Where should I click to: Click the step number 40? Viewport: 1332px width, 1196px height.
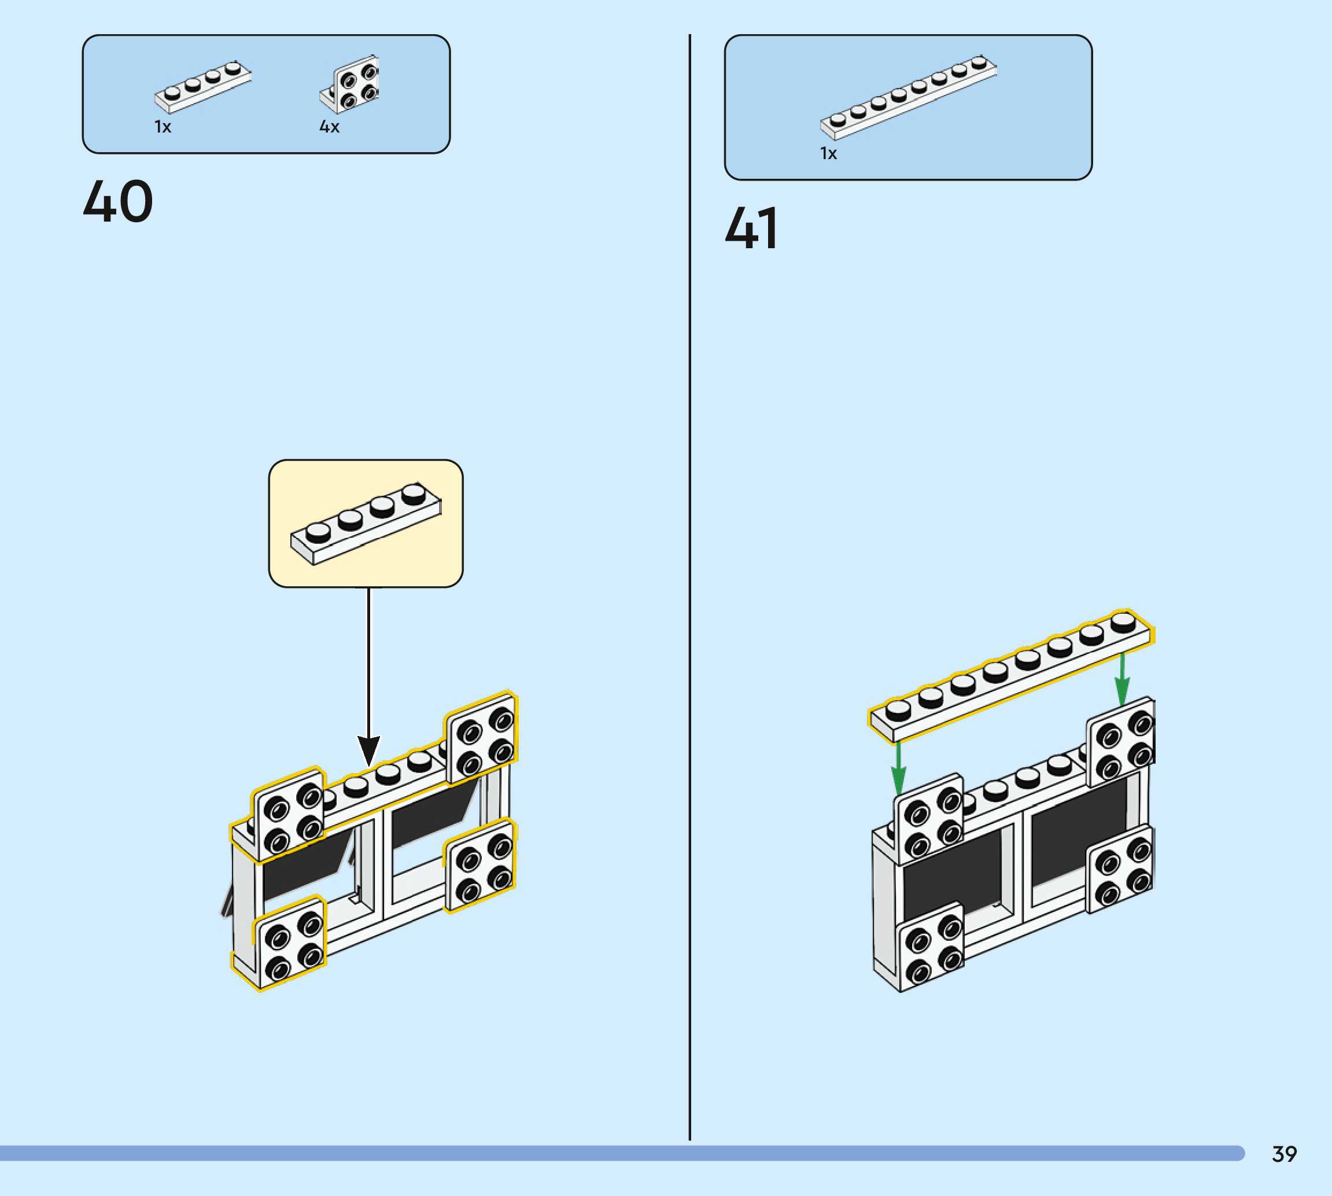tap(118, 201)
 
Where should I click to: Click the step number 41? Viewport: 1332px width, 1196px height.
tap(752, 228)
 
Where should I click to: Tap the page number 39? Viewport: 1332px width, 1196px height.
tap(1284, 1154)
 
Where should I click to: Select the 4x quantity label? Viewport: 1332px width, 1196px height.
tap(329, 127)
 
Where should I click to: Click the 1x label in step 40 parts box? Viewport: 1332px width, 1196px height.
tap(162, 127)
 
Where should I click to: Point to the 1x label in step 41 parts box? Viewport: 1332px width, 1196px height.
tap(828, 154)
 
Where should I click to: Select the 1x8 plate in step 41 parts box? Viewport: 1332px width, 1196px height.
tap(909, 98)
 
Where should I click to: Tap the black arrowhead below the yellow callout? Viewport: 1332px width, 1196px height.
tap(368, 749)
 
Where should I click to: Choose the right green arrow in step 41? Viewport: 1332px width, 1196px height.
tap(1122, 679)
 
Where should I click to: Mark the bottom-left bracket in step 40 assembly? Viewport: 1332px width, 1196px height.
tap(289, 943)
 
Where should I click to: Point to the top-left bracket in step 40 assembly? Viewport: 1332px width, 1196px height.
tap(289, 815)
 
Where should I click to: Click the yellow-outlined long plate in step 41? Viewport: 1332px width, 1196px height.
tap(1011, 678)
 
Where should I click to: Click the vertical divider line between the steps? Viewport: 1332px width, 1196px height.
tap(689, 591)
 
